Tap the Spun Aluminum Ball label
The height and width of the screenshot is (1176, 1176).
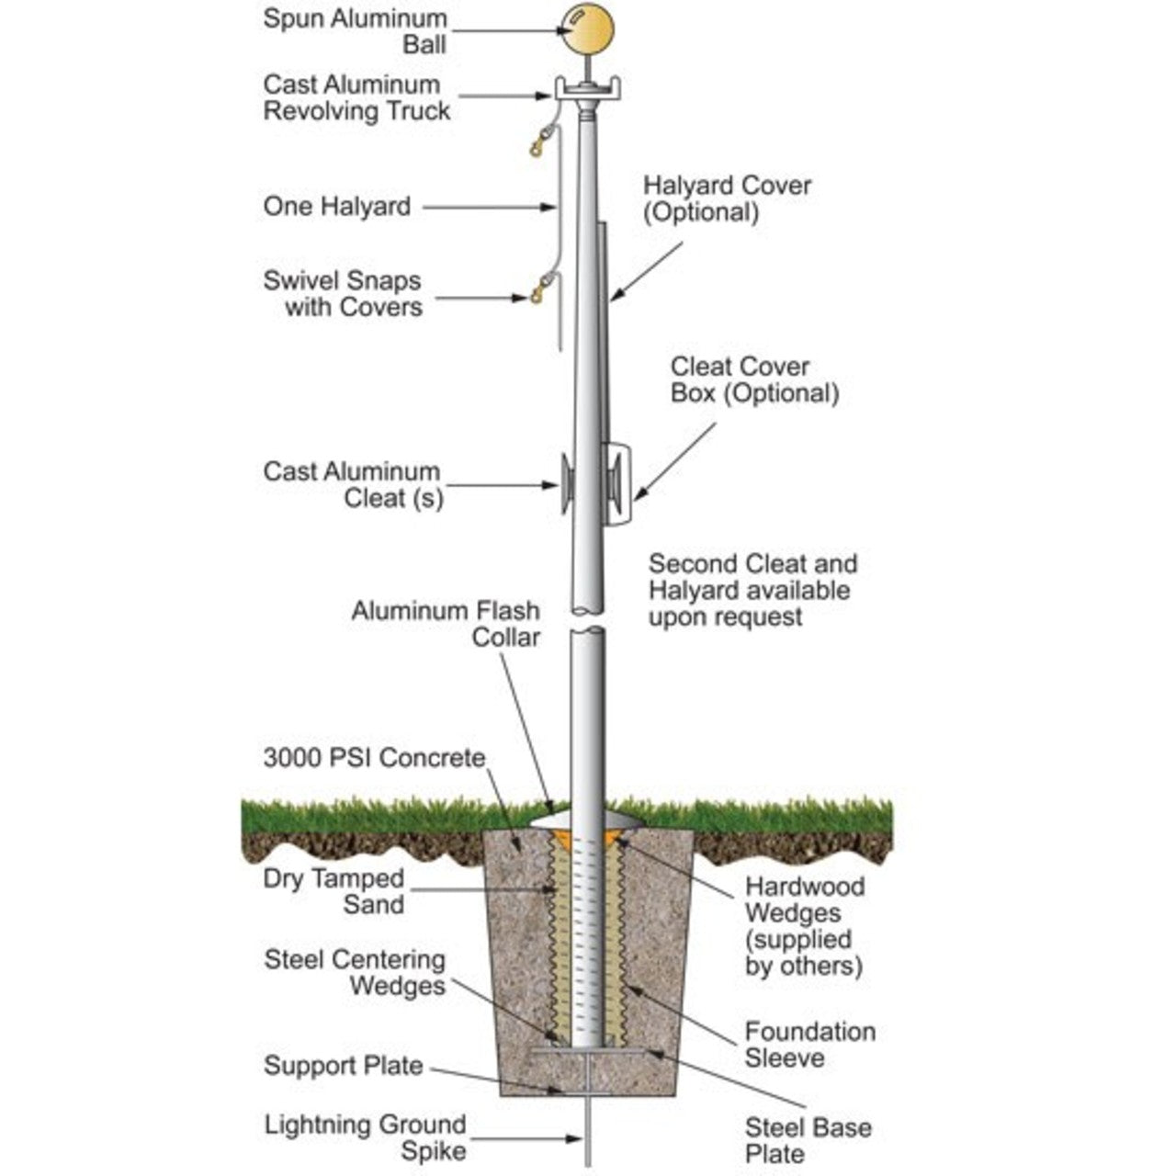[355, 31]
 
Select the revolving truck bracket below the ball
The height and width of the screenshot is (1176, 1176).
[588, 90]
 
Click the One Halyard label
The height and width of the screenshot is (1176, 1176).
[336, 207]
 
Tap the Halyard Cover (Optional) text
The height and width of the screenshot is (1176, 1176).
[727, 198]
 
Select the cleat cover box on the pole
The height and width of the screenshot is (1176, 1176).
[617, 483]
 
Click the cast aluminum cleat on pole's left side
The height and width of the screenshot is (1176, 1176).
[568, 483]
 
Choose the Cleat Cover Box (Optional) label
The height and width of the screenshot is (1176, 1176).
[754, 379]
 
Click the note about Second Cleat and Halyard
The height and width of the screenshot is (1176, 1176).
[752, 590]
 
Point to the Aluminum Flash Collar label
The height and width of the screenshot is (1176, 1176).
[446, 623]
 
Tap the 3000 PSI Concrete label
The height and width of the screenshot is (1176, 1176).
[374, 758]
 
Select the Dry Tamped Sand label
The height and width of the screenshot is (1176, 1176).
[334, 891]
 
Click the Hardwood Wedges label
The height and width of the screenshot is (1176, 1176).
[804, 926]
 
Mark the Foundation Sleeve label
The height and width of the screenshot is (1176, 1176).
[809, 1045]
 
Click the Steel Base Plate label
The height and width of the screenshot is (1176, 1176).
[808, 1140]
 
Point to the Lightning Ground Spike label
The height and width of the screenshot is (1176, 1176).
[365, 1137]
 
